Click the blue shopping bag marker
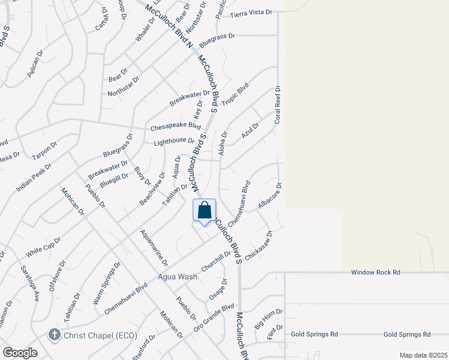[205, 211]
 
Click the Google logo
[20, 352]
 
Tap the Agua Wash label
[178, 277]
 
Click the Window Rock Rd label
[376, 272]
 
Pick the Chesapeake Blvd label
[175, 127]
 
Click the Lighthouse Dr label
[173, 142]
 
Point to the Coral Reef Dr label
[278, 105]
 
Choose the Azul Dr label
[250, 130]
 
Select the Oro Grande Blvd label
[214, 319]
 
